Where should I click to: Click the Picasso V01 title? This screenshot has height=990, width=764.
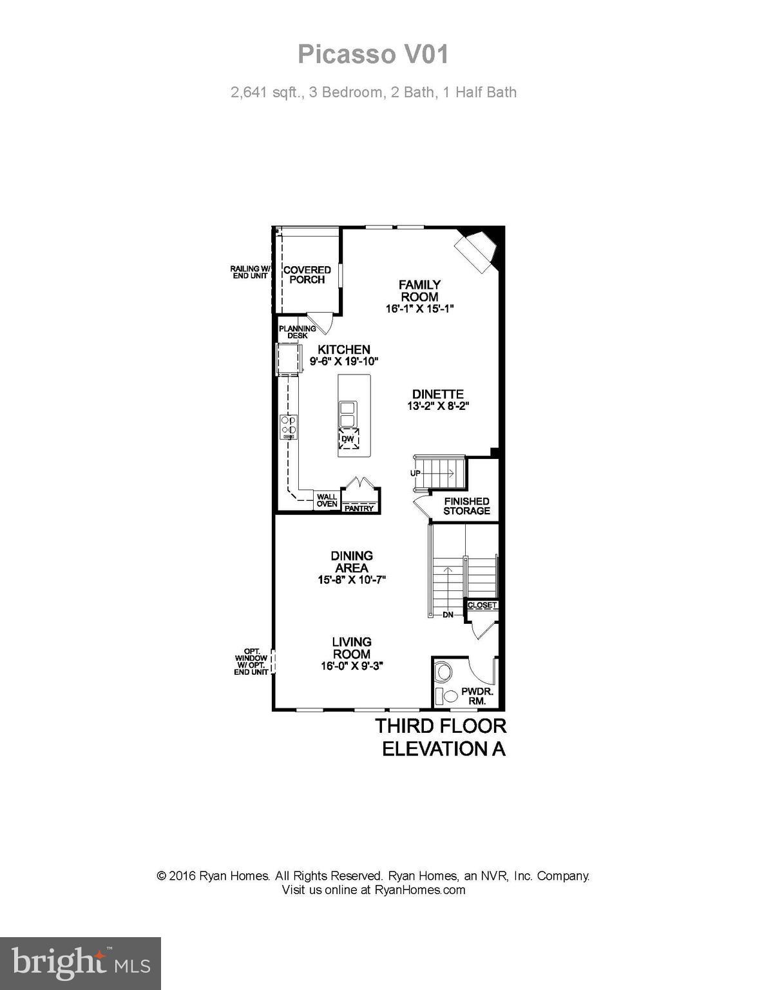point(373,55)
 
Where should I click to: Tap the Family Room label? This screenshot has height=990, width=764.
point(419,291)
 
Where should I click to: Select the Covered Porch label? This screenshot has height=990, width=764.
point(307,275)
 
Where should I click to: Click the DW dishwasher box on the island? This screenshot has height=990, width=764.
point(348,439)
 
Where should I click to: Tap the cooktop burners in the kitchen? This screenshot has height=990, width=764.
point(288,426)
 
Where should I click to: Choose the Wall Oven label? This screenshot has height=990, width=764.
point(327,500)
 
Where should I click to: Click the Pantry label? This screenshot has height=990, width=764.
point(359,508)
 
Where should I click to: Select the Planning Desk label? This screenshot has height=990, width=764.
point(297,332)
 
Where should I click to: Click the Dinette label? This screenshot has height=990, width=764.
point(438,394)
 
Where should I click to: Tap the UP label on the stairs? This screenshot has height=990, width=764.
point(415,473)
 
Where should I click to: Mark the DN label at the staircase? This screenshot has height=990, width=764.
point(448,615)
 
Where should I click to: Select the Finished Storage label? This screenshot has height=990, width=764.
point(466,506)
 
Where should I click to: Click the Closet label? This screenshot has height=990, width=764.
point(482,605)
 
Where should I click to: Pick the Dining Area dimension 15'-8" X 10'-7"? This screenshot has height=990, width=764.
point(352,579)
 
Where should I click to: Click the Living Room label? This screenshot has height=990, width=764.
point(352,648)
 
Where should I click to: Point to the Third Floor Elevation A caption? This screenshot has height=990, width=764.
point(441,737)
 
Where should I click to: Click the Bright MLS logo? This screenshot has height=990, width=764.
point(81,964)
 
